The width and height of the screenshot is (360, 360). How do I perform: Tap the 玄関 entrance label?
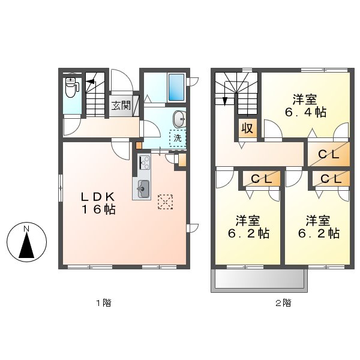click(121, 106)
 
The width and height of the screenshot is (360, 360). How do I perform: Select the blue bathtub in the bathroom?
click(176, 88)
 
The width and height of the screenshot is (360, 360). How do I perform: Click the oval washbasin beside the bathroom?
click(179, 119)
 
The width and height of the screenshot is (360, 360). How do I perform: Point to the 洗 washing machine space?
click(178, 139)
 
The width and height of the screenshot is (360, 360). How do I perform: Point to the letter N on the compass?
click(26, 229)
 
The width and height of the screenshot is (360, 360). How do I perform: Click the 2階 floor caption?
click(283, 303)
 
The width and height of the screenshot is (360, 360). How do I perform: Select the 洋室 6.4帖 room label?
click(305, 106)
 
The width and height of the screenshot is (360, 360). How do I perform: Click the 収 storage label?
click(246, 128)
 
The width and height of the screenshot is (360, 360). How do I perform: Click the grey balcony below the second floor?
click(259, 280)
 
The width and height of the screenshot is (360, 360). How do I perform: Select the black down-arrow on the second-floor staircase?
click(225, 100)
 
